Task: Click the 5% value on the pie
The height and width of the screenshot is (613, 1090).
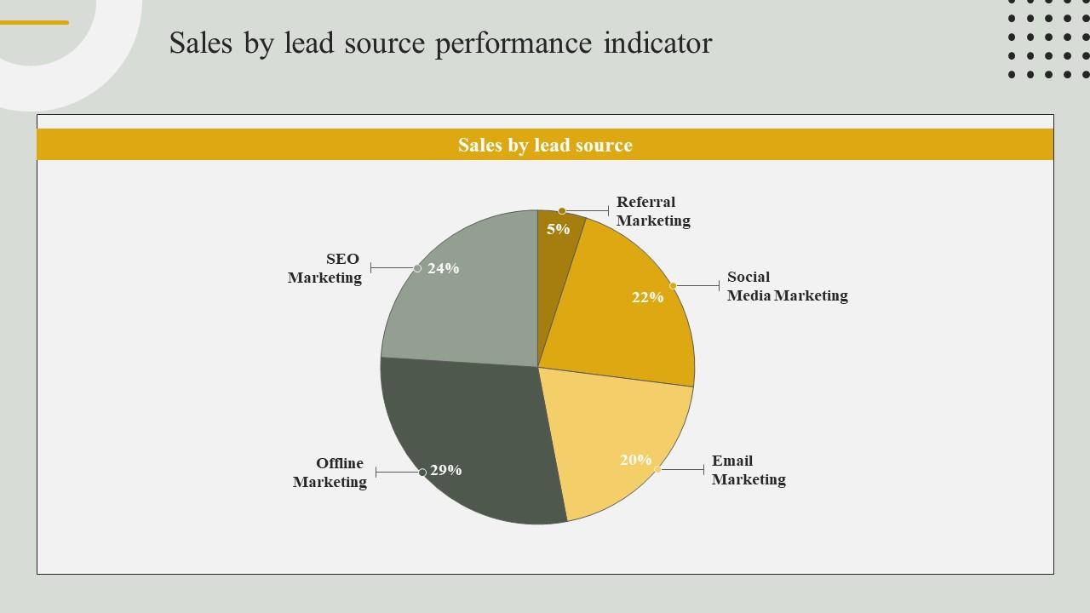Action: pos(558,229)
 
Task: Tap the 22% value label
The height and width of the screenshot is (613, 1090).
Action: pos(647,297)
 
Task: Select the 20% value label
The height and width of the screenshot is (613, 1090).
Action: pos(635,460)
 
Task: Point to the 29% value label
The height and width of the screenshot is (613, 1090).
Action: pos(445,470)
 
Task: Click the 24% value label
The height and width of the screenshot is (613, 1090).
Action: pos(443,268)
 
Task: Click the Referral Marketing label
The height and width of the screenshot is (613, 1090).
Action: pos(652,211)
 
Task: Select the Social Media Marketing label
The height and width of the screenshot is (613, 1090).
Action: pos(786,286)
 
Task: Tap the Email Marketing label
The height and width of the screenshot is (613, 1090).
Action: pos(748,470)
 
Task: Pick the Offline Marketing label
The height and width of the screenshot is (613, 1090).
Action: pos(330,473)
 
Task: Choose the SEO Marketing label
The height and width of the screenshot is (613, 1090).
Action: pos(325,268)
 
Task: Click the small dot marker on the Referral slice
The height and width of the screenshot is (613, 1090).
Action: pos(562,211)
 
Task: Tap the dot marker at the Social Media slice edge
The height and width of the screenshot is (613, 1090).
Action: pos(673,286)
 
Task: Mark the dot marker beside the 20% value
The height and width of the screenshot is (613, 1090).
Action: pos(657,469)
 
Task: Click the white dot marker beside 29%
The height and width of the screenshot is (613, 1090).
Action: pos(422,473)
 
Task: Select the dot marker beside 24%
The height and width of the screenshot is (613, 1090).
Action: pos(417,268)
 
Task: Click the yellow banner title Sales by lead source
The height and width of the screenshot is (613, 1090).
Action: pos(545,145)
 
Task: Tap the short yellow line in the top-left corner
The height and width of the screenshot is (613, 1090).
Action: pos(34,23)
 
